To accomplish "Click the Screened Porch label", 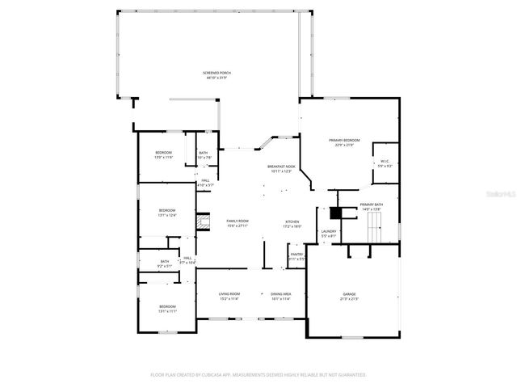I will (x=216, y=74).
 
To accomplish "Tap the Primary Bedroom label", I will (x=344, y=141).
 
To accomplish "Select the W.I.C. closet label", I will (x=385, y=162).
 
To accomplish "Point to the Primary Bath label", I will (x=372, y=205).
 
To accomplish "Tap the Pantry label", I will (x=296, y=256).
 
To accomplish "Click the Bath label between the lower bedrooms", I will (x=165, y=261).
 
